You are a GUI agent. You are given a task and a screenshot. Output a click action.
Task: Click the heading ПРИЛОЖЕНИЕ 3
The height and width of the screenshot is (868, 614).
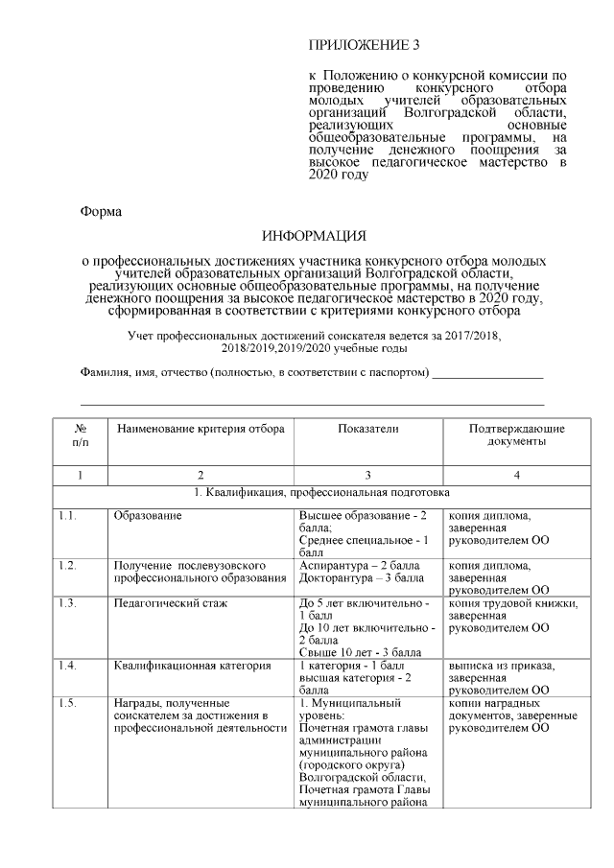click(x=364, y=45)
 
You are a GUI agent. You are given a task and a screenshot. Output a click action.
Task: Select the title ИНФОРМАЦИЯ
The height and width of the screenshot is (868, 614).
click(x=315, y=236)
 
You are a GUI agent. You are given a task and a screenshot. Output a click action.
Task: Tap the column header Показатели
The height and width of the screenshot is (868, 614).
click(x=367, y=429)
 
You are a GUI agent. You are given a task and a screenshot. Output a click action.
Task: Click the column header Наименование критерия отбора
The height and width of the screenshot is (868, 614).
click(x=201, y=429)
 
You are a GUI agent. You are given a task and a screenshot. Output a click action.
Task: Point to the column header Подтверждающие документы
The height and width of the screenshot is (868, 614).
click(x=516, y=435)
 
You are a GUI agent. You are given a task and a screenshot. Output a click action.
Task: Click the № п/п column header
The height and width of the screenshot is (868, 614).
click(x=81, y=435)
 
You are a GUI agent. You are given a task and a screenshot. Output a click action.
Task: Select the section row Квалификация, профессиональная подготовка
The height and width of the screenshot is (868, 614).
click(x=315, y=493)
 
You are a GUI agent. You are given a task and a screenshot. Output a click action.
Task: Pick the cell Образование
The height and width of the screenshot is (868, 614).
click(x=147, y=515)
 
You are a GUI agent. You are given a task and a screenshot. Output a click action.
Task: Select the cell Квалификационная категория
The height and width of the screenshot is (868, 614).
click(x=192, y=665)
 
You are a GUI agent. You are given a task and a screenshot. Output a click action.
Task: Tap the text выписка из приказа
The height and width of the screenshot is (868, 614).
click(x=497, y=665)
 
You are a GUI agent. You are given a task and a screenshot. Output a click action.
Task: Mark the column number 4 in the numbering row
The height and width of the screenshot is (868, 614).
click(x=516, y=475)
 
